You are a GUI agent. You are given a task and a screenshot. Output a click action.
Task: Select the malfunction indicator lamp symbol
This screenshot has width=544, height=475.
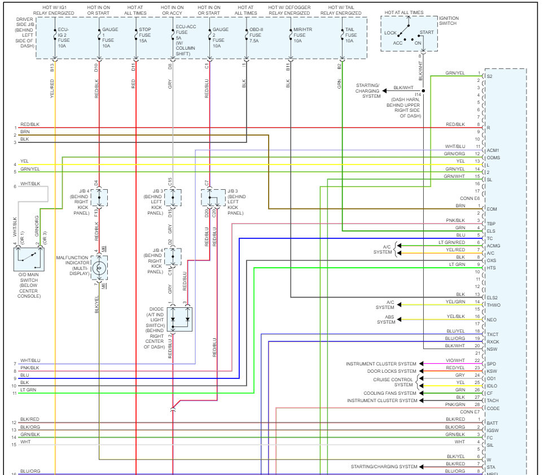99,268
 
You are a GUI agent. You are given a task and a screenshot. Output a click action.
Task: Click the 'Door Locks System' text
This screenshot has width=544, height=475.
392,371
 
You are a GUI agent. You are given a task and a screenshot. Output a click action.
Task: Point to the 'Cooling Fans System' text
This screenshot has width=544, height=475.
390,393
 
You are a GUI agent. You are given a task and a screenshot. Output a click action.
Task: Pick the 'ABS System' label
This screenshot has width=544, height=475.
387,320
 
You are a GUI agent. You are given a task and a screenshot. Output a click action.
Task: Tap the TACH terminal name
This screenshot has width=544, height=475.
492,400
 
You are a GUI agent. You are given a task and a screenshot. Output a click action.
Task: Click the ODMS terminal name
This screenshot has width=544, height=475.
493,158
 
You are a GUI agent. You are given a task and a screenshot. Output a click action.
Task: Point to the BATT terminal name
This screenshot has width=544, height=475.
492,423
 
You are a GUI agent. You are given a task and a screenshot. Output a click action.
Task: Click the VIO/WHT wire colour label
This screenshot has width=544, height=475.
455,360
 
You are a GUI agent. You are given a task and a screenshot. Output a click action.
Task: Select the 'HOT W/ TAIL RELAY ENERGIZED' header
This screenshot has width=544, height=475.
341,9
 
